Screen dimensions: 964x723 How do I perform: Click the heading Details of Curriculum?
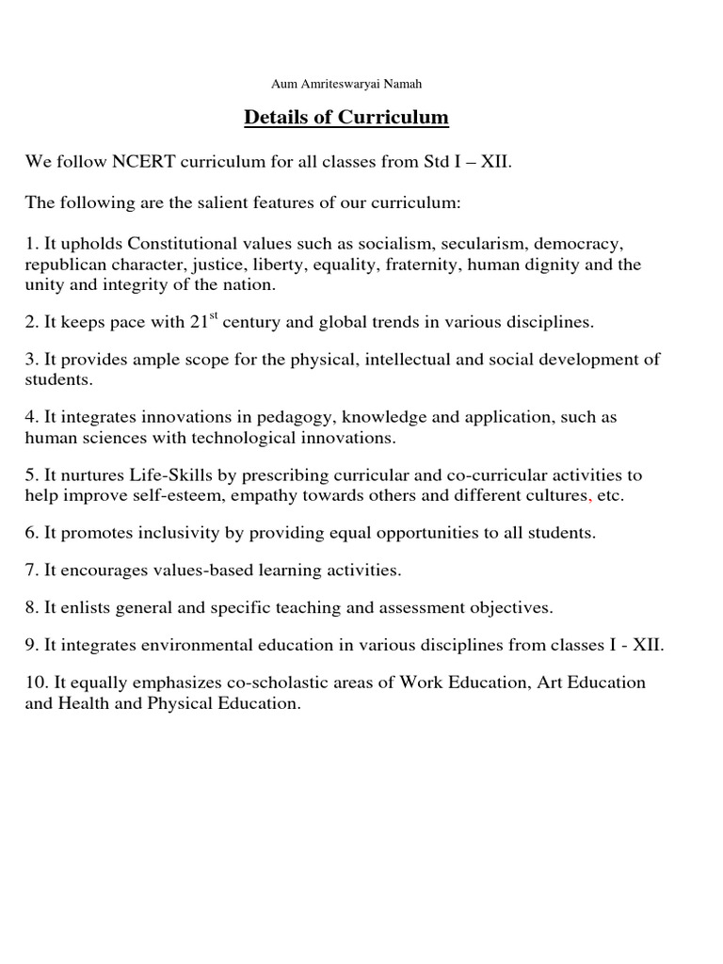pyautogui.click(x=346, y=118)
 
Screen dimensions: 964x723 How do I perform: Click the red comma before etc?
pyautogui.click(x=590, y=497)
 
